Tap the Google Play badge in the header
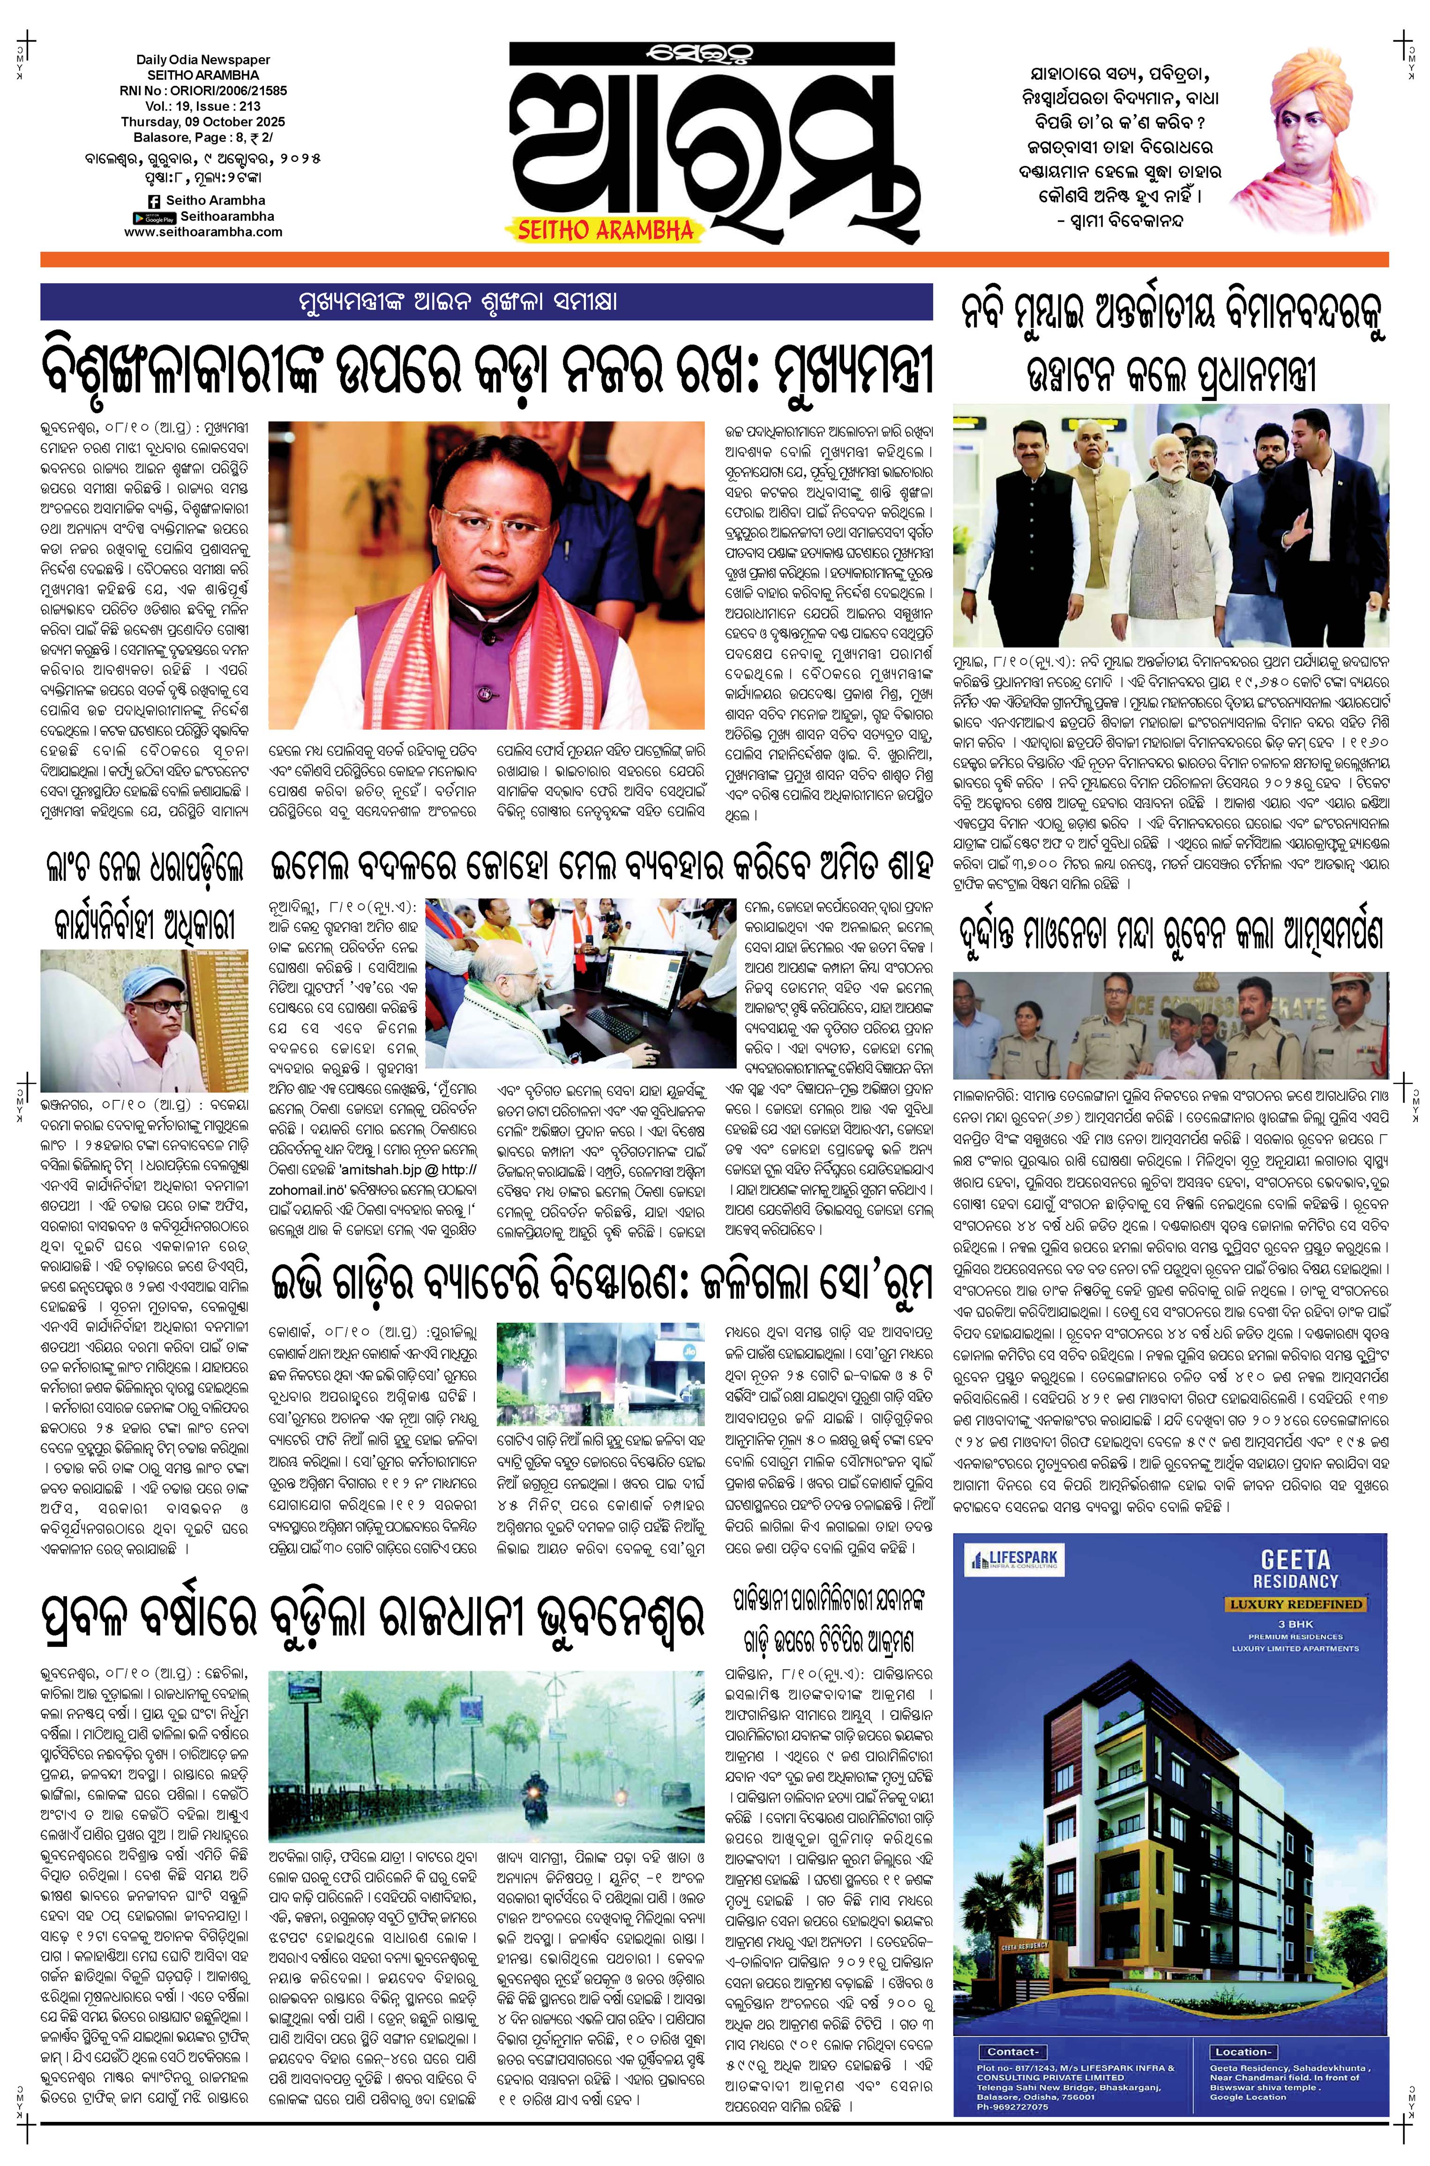click(x=154, y=217)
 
